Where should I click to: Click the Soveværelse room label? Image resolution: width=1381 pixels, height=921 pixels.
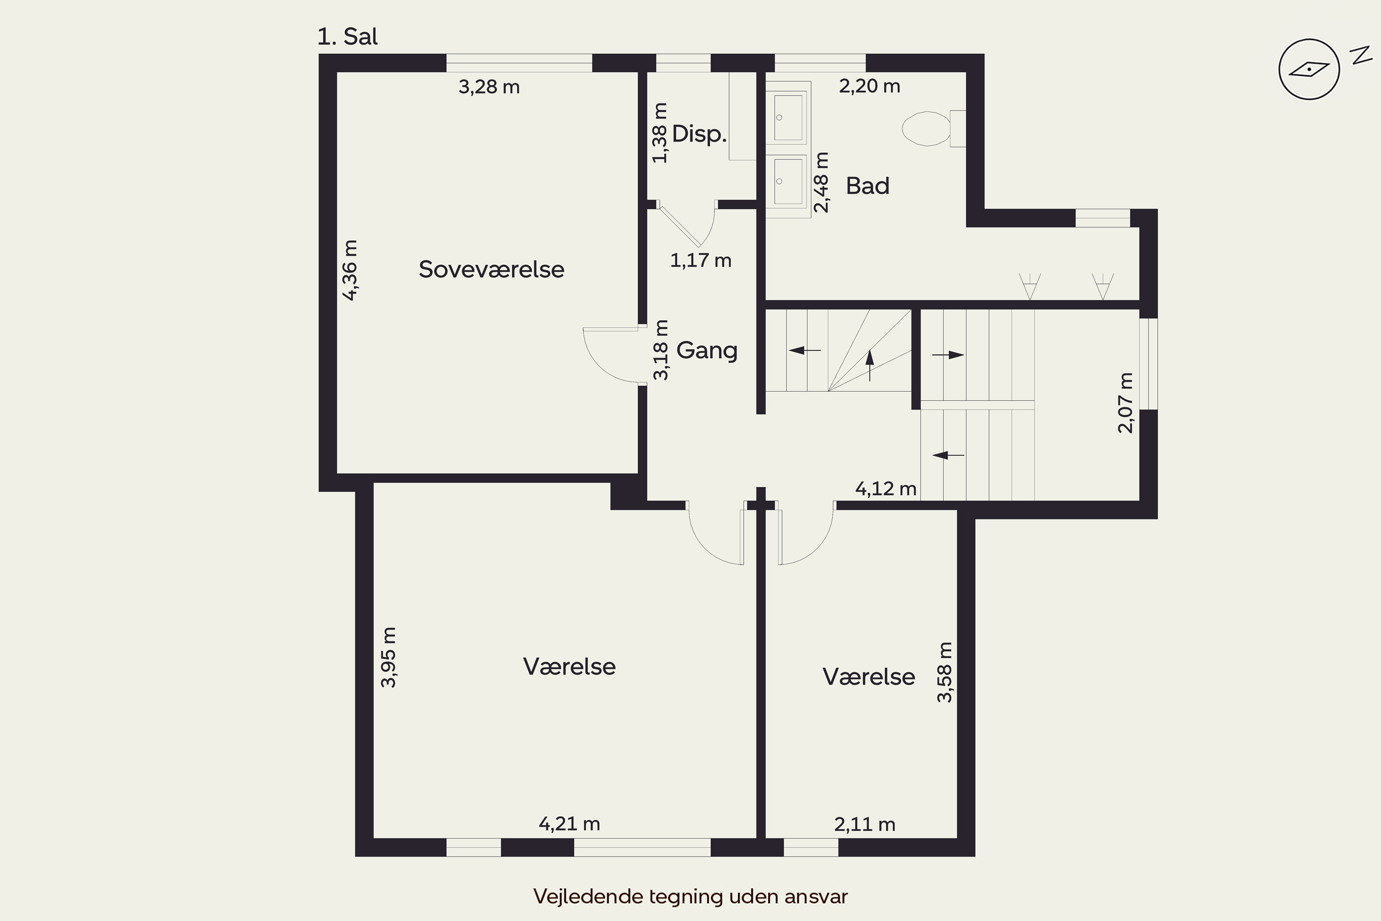point(492,269)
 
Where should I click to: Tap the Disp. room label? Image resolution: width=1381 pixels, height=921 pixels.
point(699,134)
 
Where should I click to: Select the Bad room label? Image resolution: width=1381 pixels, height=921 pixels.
point(868,186)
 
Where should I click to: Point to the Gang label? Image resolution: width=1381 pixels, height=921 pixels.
point(707,350)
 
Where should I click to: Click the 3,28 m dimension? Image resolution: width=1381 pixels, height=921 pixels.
point(489,87)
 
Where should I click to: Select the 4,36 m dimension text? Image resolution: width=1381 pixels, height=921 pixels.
point(350,270)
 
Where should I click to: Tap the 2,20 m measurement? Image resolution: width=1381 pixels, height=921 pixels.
point(870,87)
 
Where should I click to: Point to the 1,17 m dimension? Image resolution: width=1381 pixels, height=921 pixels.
point(701,260)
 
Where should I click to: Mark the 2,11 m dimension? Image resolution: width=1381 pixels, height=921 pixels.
point(865,824)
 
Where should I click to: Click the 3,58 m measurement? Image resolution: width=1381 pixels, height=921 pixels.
point(945,672)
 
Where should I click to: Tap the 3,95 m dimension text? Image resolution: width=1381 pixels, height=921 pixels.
point(389,657)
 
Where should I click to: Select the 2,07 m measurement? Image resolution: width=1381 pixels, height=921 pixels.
point(1126,403)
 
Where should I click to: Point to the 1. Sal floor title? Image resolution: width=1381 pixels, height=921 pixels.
point(348,36)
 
